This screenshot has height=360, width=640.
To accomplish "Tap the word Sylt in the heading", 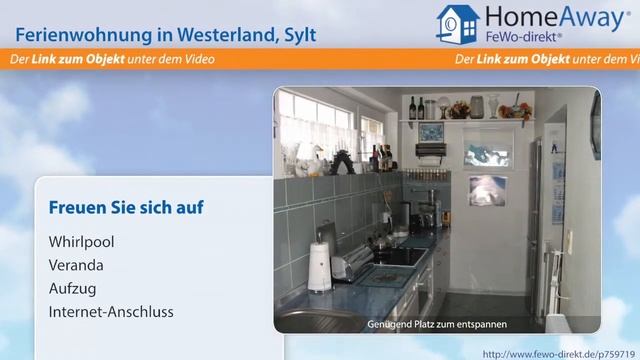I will [x=297, y=34].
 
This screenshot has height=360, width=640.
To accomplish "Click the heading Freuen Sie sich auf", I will [x=125, y=208].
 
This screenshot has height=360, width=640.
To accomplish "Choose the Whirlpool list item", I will [x=81, y=242].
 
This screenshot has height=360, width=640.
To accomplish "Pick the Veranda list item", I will [x=76, y=265].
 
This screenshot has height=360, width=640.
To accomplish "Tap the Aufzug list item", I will [x=71, y=288].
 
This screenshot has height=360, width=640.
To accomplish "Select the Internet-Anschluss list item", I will [x=111, y=311].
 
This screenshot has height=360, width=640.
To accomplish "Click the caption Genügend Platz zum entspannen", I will [x=437, y=323].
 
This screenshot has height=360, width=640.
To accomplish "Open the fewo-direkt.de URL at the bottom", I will [x=560, y=353].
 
